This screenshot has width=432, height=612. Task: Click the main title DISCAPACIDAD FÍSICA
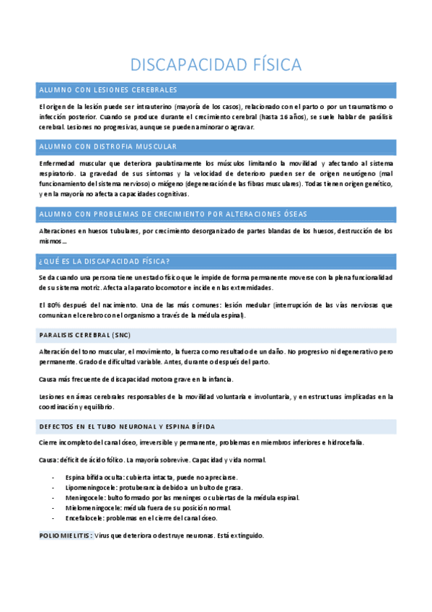tap(216, 64)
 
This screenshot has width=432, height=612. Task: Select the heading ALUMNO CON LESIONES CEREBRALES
tap(108, 89)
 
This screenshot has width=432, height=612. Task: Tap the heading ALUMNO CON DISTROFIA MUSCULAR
tap(107, 147)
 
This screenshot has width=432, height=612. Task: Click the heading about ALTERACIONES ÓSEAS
tap(173, 214)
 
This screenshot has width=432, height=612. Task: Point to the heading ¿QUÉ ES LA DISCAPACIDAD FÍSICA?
tap(105, 261)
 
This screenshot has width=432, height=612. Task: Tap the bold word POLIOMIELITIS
tap(65, 535)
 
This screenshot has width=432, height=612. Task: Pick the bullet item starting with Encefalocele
tap(141, 518)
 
